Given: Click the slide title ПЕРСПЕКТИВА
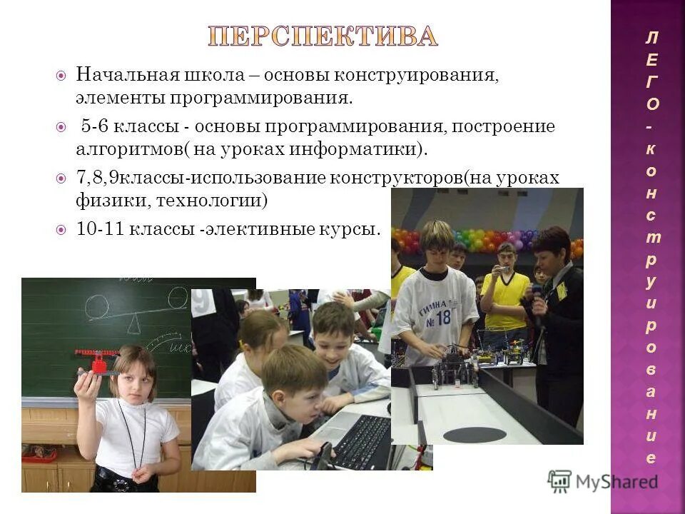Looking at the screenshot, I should (x=323, y=36).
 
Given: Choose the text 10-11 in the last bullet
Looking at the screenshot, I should (x=96, y=230).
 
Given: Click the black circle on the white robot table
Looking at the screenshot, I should (x=475, y=434).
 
